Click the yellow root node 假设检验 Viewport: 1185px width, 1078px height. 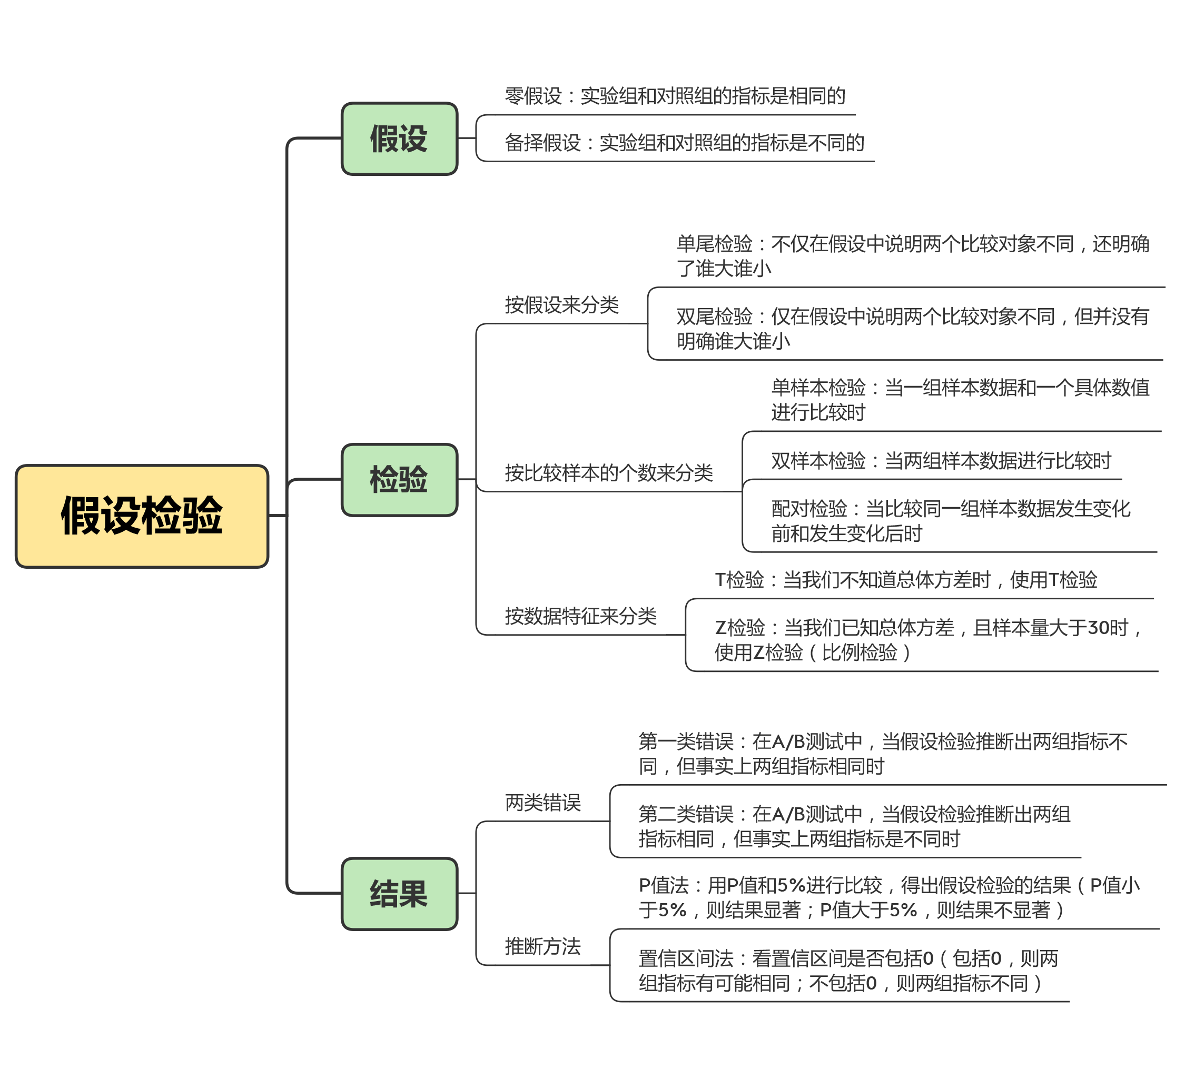[x=142, y=516]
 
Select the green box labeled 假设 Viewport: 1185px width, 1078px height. [x=399, y=139]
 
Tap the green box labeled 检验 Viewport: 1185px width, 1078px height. [x=399, y=480]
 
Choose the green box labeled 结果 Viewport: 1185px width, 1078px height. [x=399, y=894]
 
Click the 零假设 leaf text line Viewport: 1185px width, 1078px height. [x=675, y=96]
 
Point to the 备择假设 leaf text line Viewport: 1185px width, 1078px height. [x=684, y=143]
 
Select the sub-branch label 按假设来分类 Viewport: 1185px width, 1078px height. [x=561, y=305]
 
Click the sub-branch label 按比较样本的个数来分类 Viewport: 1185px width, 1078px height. [x=608, y=472]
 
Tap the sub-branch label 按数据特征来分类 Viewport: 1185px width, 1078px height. [x=580, y=616]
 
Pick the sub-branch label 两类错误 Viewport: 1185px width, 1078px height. [x=542, y=803]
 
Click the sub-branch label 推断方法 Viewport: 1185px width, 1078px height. [x=542, y=946]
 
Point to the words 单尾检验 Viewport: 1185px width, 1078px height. [x=714, y=244]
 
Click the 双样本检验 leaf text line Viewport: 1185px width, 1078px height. [x=941, y=461]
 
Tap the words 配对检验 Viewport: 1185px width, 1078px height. [x=809, y=508]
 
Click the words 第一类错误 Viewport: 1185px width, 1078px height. [x=686, y=741]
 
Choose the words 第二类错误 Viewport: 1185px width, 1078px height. [x=686, y=814]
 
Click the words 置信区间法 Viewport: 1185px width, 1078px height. [x=686, y=958]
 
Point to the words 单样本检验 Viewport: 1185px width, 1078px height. [x=818, y=388]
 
